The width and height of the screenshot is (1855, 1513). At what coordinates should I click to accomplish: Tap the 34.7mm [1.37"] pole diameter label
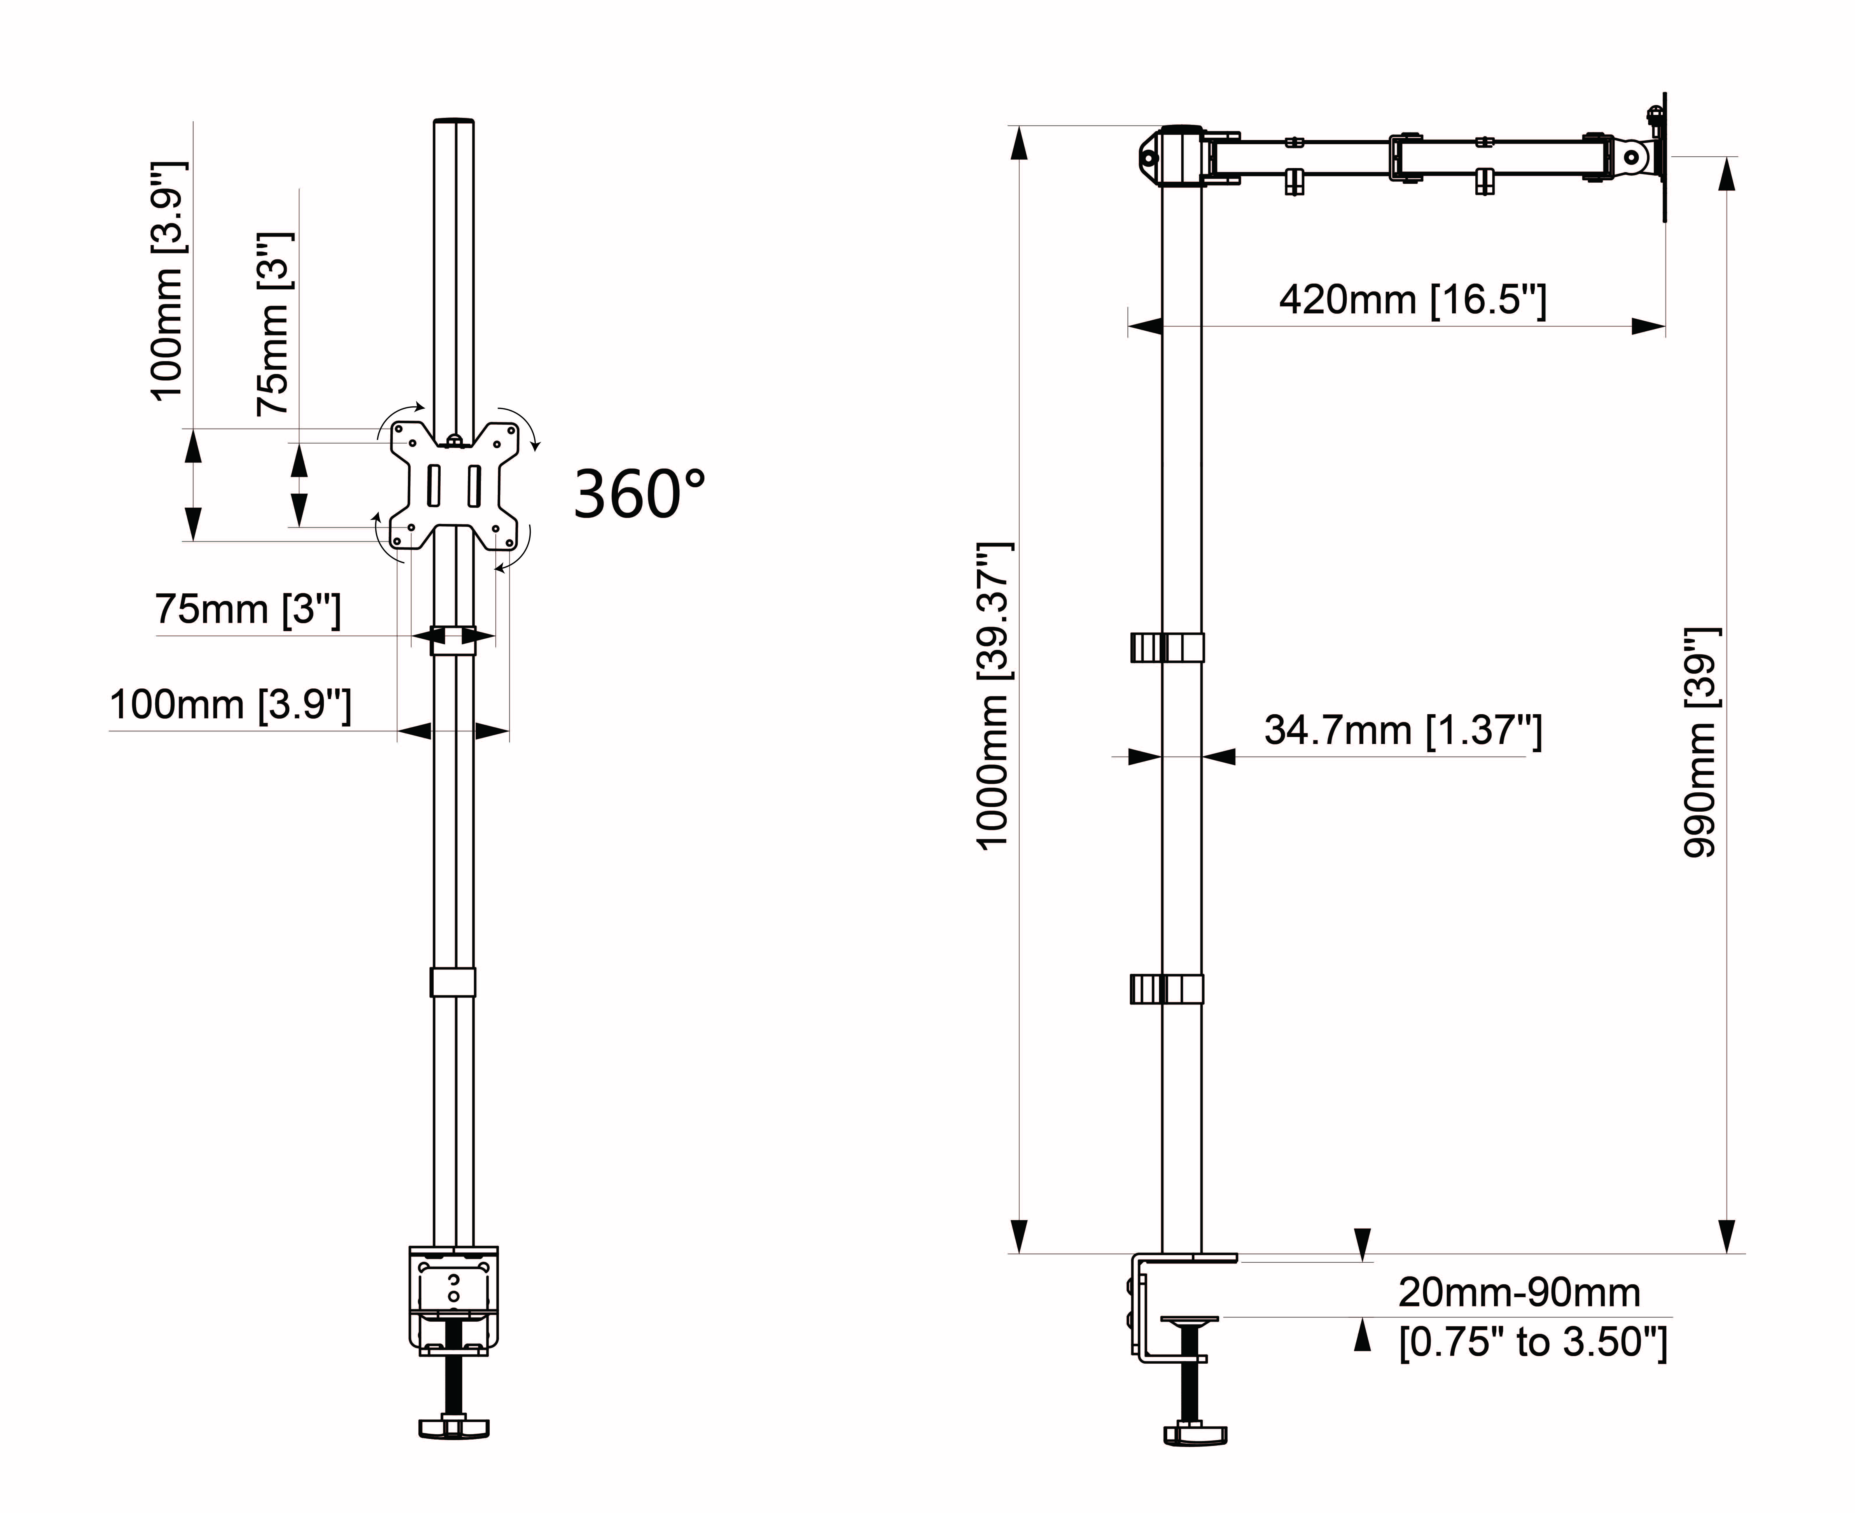point(1403,730)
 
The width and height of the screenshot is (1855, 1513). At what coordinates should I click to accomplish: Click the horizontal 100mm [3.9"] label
point(230,705)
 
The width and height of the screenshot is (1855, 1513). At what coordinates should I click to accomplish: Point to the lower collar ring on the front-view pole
point(453,981)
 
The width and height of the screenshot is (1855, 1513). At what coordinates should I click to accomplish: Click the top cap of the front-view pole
point(454,123)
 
